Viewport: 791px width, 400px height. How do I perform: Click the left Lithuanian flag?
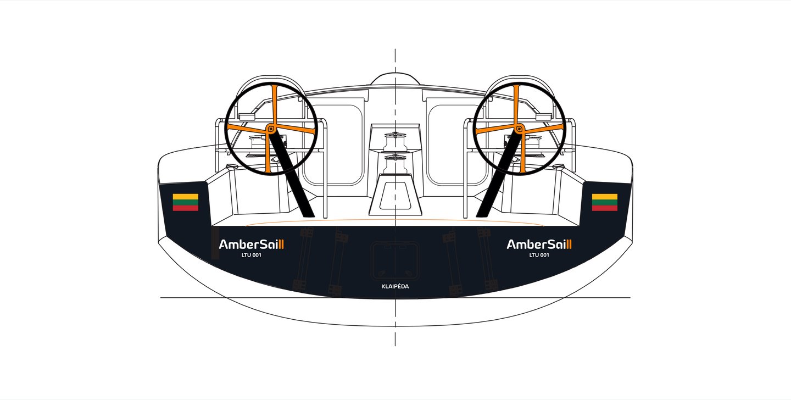[x=185, y=202]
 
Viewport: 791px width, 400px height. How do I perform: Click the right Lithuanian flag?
[x=604, y=202]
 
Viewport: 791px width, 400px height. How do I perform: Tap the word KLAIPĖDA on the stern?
[x=395, y=287]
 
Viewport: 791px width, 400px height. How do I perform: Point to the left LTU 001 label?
[x=250, y=255]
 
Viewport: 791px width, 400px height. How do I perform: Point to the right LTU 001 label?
[x=539, y=255]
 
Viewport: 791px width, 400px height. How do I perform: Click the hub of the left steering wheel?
[x=271, y=129]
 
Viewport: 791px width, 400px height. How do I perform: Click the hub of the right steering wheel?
[x=518, y=129]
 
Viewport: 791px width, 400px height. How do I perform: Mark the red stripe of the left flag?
[x=185, y=208]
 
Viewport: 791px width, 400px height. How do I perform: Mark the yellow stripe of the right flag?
[x=604, y=196]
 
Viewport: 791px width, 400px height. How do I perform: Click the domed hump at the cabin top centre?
[x=394, y=79]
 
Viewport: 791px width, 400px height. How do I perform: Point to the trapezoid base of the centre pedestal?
[x=395, y=195]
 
